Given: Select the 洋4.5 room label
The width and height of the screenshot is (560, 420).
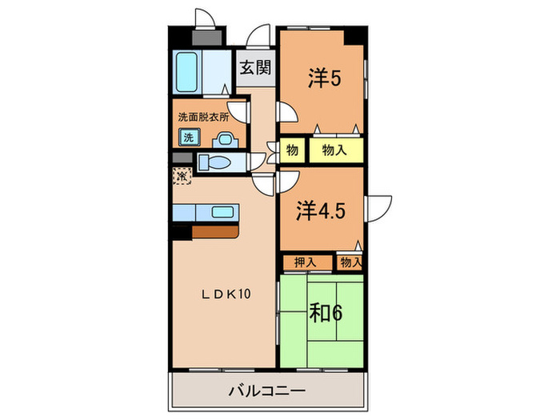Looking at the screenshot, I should pos(321,211).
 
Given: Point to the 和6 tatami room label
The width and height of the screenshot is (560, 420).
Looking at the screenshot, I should pos(326,312).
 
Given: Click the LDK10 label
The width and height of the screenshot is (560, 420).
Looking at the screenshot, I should pos(226,294).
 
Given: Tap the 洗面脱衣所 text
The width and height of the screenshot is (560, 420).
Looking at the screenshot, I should pos(203,117).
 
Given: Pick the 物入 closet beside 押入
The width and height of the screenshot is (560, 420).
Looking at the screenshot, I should pos(350,262).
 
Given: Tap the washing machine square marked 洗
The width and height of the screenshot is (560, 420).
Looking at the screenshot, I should pos(188,137).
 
